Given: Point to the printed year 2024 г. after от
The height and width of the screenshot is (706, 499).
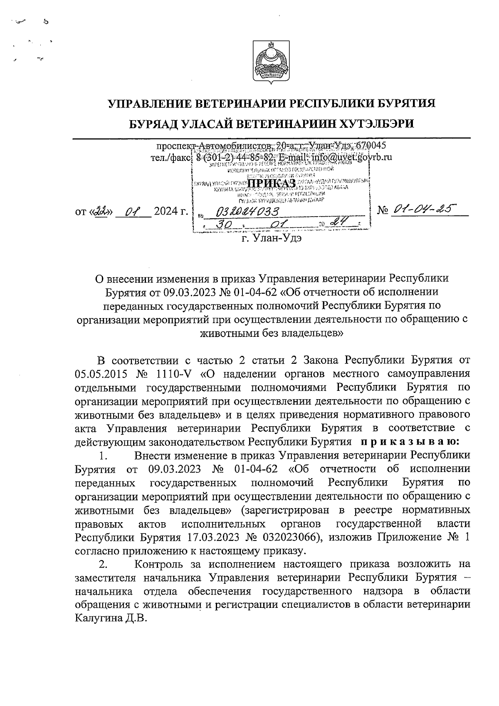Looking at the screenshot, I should point(170,212).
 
